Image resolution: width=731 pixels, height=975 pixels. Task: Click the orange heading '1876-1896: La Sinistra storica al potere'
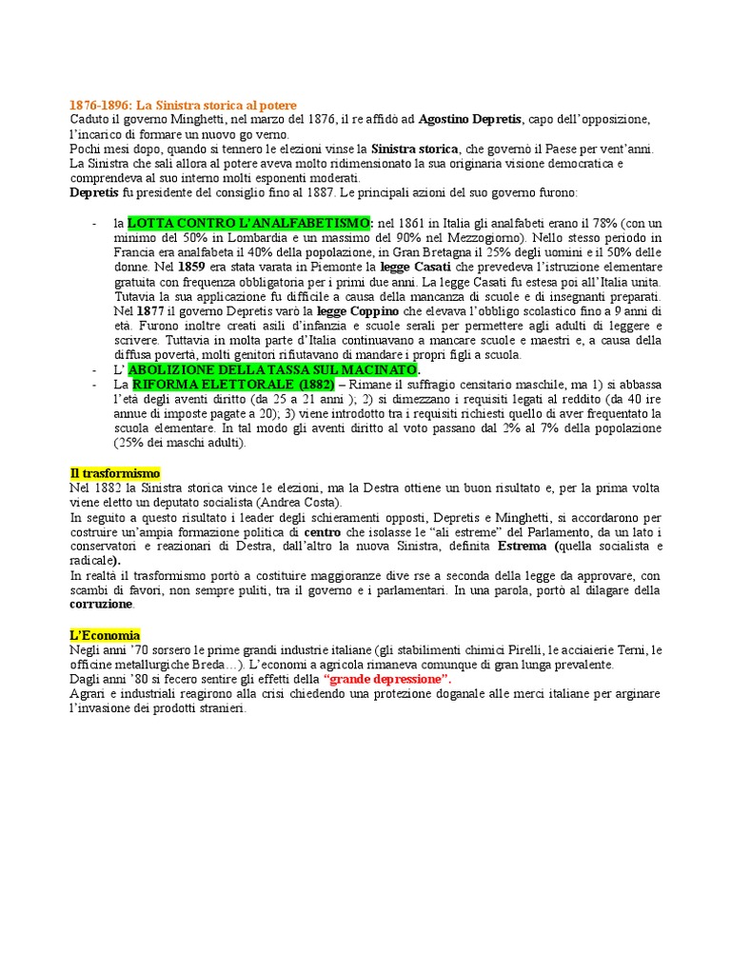183,105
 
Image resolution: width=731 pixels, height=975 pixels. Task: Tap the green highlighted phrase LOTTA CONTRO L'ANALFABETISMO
250,222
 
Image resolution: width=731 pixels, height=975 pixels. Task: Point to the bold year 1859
191,268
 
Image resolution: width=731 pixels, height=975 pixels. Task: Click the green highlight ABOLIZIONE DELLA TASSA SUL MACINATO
274,368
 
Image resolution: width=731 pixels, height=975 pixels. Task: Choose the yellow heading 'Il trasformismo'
115,473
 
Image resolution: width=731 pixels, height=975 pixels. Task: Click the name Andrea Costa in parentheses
306,503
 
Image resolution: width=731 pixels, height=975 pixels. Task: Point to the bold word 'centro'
322,531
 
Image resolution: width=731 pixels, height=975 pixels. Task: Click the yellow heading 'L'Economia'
106,635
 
